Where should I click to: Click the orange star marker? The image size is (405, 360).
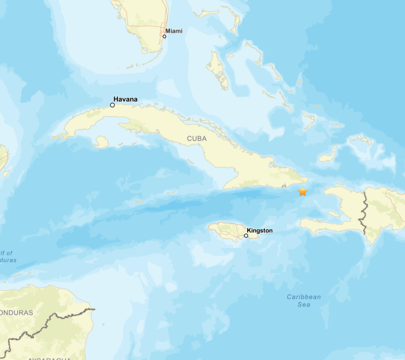point(303,191)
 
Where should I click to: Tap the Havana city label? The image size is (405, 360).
point(125,99)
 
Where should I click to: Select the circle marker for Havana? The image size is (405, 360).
point(112,105)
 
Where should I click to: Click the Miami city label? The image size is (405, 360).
point(174,31)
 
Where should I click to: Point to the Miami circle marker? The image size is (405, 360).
point(164,36)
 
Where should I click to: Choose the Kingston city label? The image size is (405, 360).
point(260,231)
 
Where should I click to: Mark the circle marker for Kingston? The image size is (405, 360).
point(246,236)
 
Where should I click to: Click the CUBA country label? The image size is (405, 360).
point(196,138)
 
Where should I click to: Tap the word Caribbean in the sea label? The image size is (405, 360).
point(304,297)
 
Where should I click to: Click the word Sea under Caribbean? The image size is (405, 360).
point(304,305)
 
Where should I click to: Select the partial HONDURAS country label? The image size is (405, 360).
point(16,312)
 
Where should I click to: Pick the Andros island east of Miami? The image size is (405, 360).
point(217,70)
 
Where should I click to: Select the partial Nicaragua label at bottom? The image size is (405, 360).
point(49,358)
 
